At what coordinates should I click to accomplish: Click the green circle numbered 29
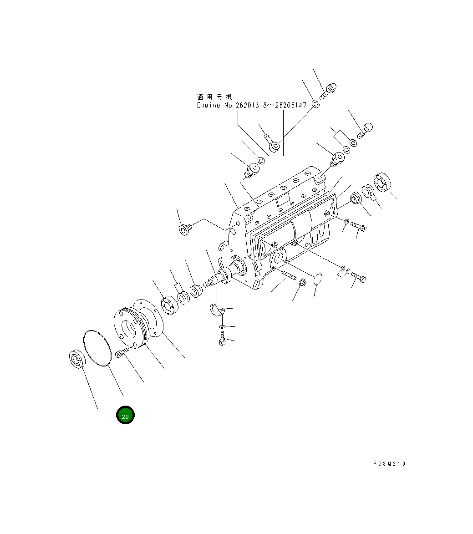[125, 415]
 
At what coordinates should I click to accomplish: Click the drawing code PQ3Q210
[389, 464]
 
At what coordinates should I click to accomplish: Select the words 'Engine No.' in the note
[215, 106]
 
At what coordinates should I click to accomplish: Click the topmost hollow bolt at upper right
[328, 90]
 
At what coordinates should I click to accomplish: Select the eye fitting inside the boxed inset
[274, 145]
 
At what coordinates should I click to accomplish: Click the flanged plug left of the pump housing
[184, 229]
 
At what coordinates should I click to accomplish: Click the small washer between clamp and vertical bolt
[221, 327]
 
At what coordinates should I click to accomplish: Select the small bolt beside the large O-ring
[122, 353]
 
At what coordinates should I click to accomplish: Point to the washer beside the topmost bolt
[315, 105]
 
